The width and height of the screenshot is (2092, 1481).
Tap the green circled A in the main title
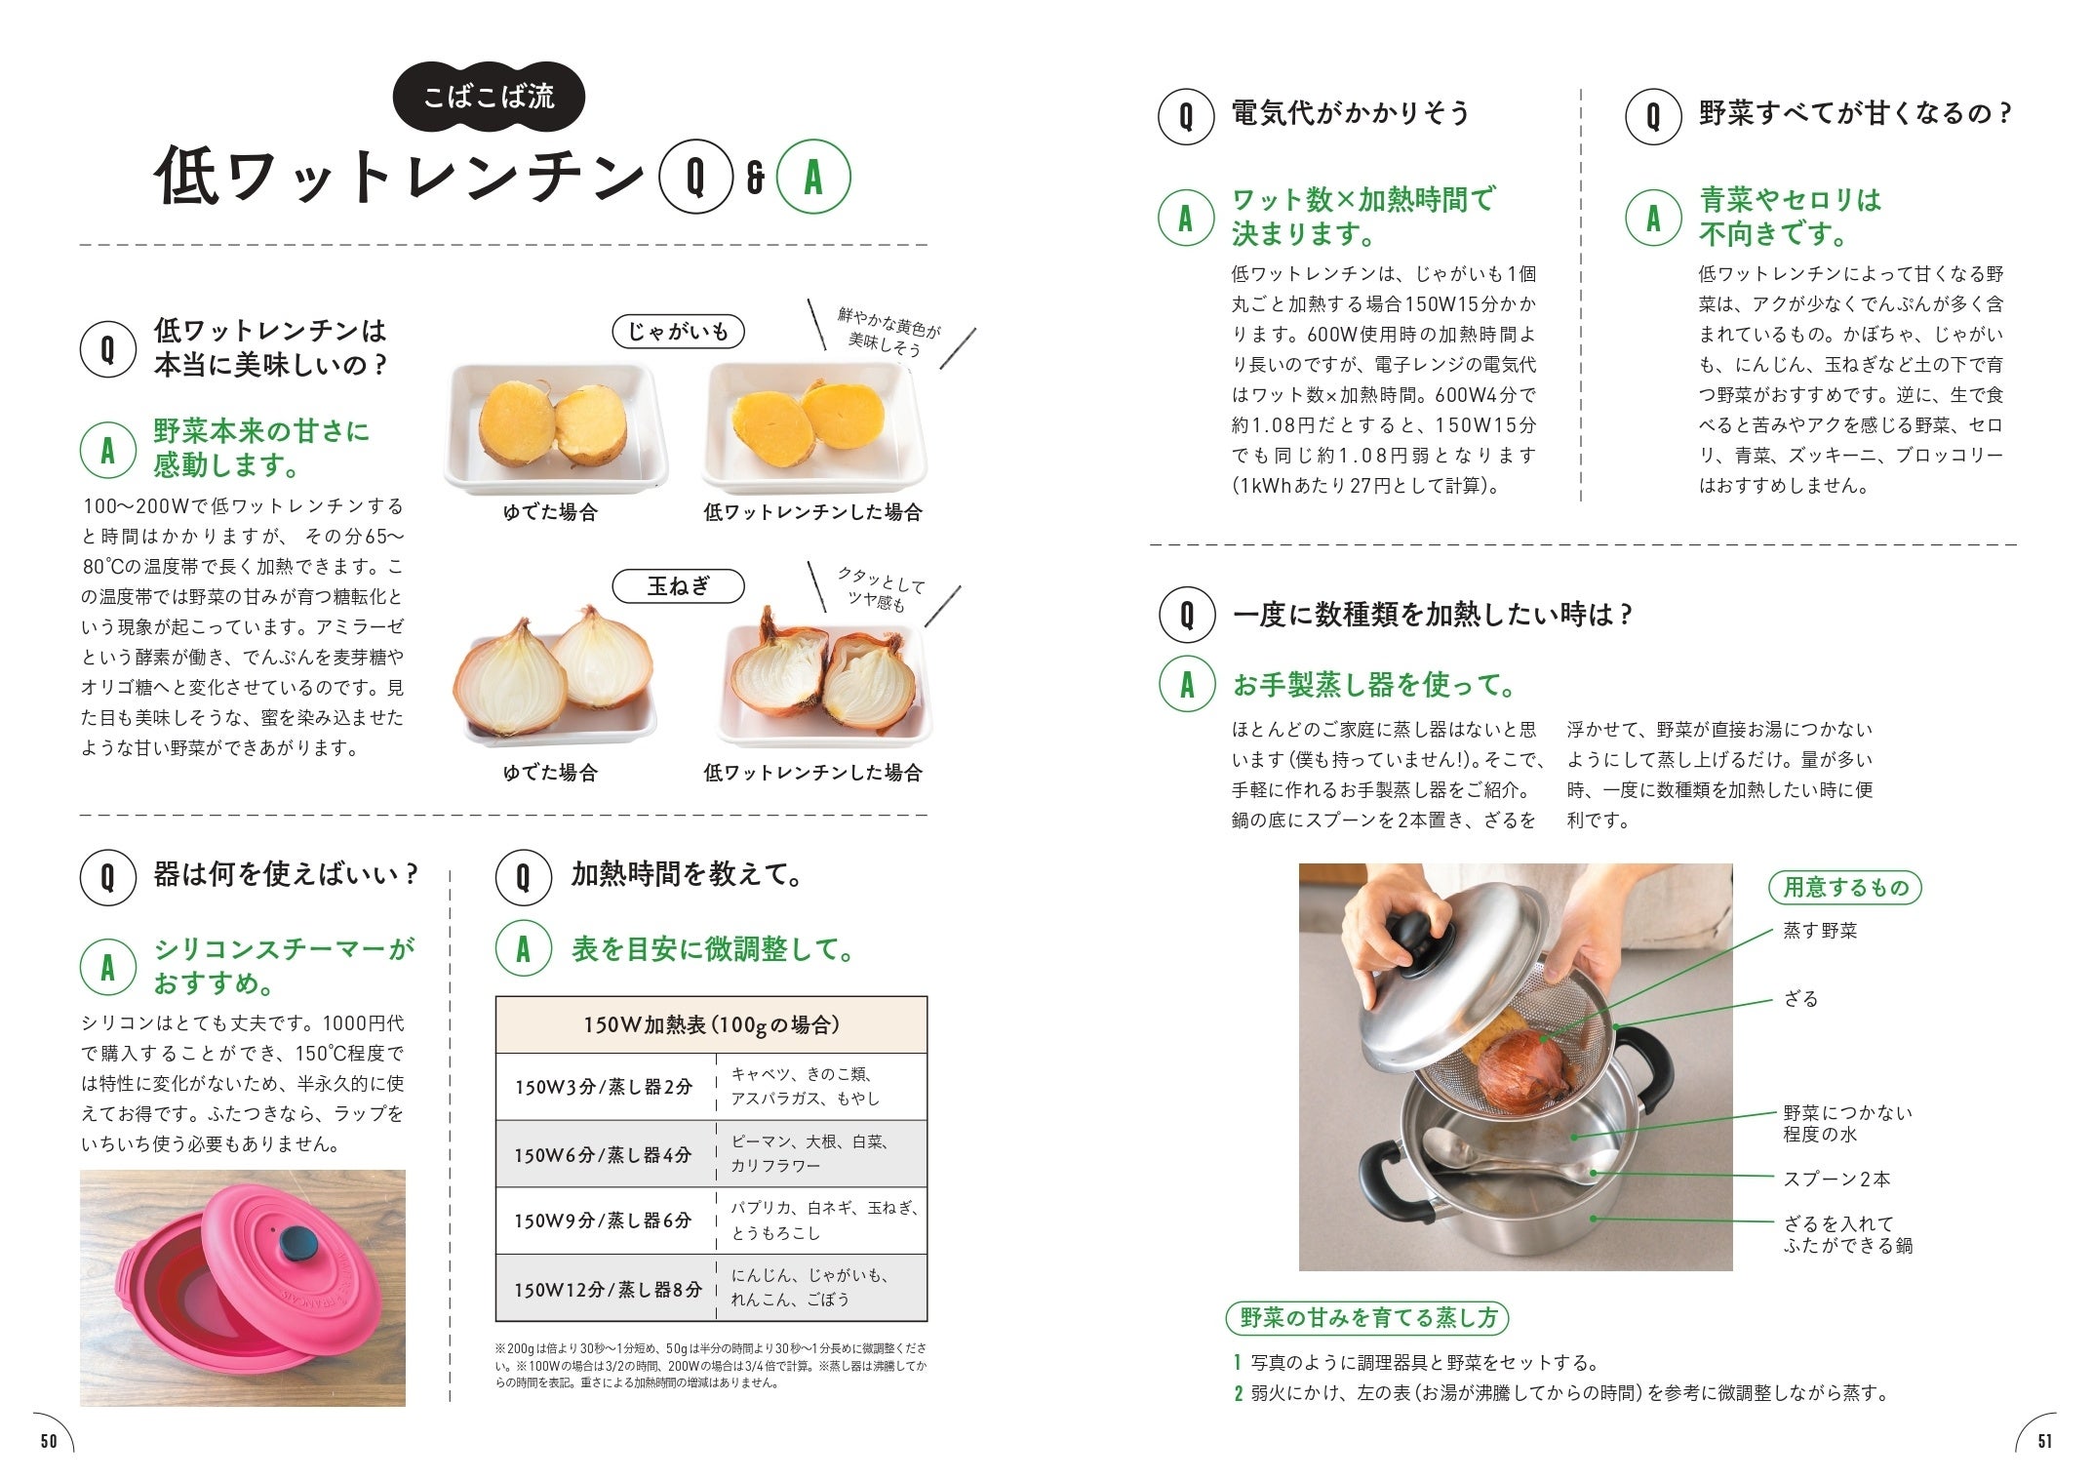coord(813,178)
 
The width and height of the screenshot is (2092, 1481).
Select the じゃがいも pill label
coord(678,332)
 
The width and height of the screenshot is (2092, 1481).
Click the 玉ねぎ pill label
coord(678,586)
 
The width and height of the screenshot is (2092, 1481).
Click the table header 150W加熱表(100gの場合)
coord(711,1024)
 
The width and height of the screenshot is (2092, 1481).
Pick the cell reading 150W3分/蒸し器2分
coord(604,1087)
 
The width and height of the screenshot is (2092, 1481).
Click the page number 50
coord(49,1441)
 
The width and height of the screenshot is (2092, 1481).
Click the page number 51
coord(2044,1441)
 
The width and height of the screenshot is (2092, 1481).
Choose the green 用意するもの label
coord(1845,887)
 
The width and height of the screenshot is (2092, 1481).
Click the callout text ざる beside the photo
coord(1800,998)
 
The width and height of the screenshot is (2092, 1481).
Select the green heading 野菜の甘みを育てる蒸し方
coord(1367,1318)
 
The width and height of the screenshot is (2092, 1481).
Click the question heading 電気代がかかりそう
coord(1350,113)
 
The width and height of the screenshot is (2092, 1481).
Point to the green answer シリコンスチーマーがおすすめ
coord(284,965)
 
